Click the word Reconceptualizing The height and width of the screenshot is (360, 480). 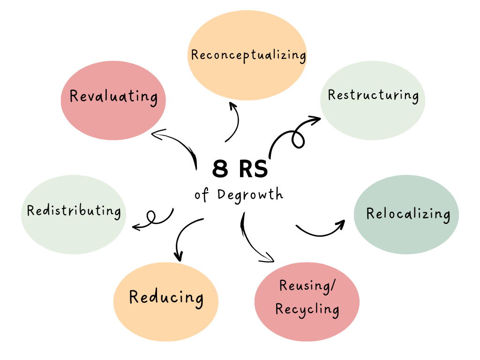pyautogui.click(x=248, y=55)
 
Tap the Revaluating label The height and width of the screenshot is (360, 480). pyautogui.click(x=113, y=97)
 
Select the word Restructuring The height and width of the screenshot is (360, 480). pyautogui.click(x=373, y=95)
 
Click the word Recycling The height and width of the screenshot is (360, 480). pyautogui.click(x=307, y=309)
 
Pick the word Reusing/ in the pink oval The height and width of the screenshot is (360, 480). pyautogui.click(x=307, y=285)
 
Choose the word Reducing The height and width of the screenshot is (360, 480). pyautogui.click(x=166, y=297)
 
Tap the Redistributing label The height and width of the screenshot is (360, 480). pyautogui.click(x=74, y=211)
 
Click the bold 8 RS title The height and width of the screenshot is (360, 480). pyautogui.click(x=240, y=169)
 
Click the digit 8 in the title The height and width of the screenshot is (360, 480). pyautogui.click(x=220, y=169)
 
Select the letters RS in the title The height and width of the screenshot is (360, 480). pyautogui.click(x=253, y=169)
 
